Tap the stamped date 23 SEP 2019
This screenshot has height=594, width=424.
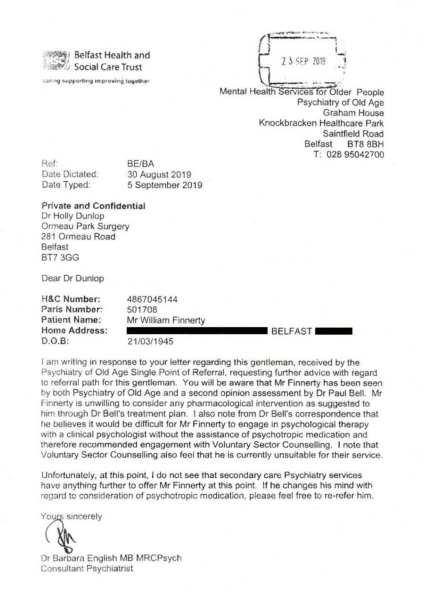click(303, 61)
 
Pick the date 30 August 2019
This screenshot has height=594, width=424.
click(160, 175)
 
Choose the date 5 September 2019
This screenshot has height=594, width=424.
click(165, 185)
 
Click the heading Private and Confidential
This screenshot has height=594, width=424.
click(93, 206)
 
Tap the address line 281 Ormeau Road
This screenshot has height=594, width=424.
click(78, 236)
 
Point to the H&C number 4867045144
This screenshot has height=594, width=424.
click(153, 299)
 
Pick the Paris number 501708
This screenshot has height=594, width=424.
click(142, 309)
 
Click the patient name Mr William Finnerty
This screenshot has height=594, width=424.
click(166, 320)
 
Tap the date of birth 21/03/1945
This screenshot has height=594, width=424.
click(150, 341)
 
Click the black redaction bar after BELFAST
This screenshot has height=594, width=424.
click(334, 331)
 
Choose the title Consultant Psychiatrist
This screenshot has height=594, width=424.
click(87, 569)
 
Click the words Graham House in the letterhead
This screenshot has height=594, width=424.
click(353, 113)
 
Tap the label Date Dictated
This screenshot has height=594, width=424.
click(70, 175)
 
